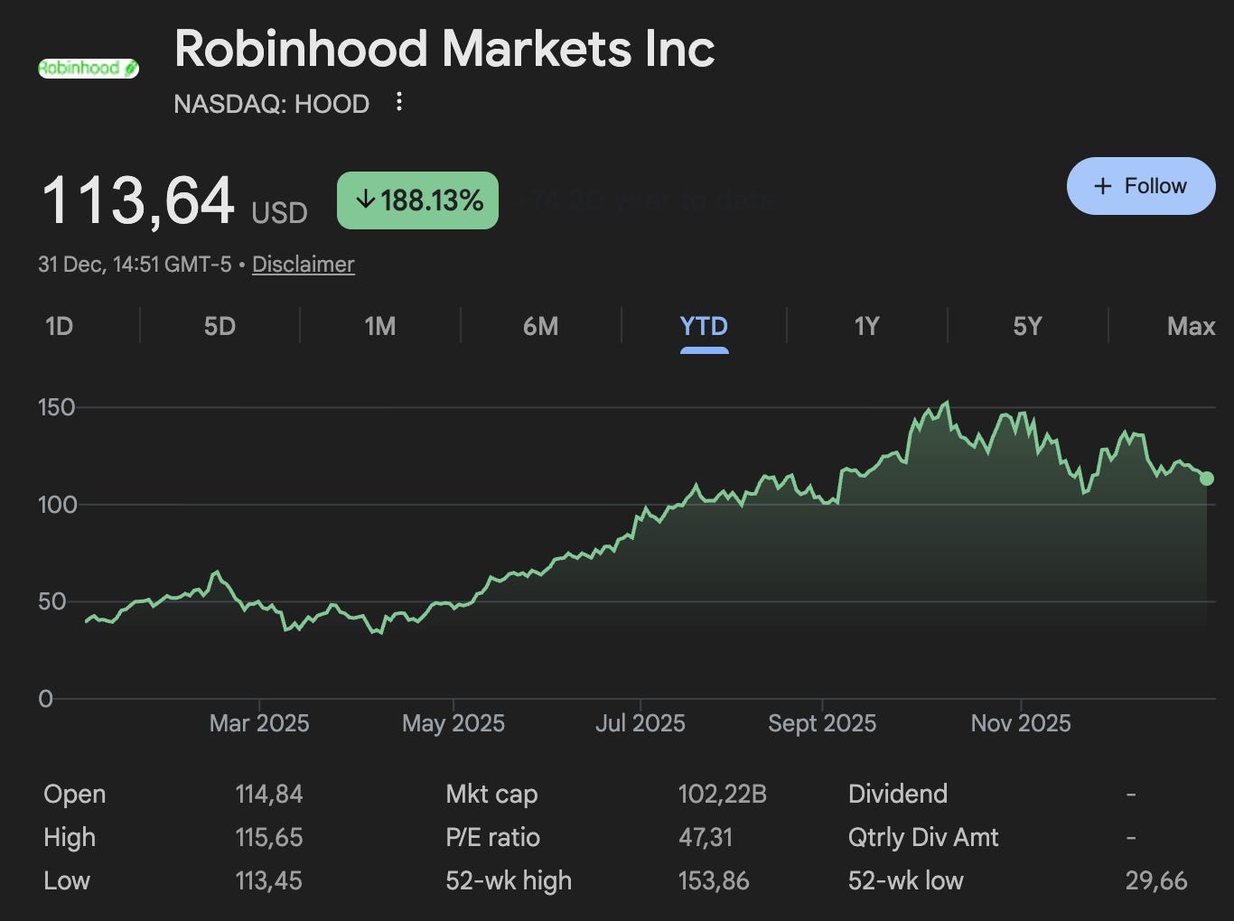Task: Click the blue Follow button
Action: pyautogui.click(x=1140, y=186)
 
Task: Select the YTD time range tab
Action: pyautogui.click(x=704, y=326)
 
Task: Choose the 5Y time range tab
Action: pyautogui.click(x=1027, y=326)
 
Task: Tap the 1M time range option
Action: pyautogui.click(x=379, y=326)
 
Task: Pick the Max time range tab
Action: pyautogui.click(x=1191, y=326)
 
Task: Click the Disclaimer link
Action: pyautogui.click(x=303, y=265)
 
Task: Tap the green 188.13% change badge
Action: pyautogui.click(x=417, y=200)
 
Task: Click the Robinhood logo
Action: pyautogui.click(x=89, y=68)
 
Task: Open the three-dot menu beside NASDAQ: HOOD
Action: pyautogui.click(x=399, y=102)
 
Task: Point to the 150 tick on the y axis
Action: pyautogui.click(x=56, y=407)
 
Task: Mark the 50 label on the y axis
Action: pyautogui.click(x=52, y=601)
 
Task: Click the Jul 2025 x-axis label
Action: pyautogui.click(x=640, y=723)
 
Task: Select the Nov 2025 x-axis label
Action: pyautogui.click(x=1020, y=723)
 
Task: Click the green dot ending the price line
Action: pyautogui.click(x=1206, y=479)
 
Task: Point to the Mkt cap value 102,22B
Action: pyautogui.click(x=722, y=795)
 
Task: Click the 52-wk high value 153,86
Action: pyautogui.click(x=713, y=881)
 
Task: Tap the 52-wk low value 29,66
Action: pyautogui.click(x=1155, y=881)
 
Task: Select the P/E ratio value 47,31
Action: pyautogui.click(x=705, y=838)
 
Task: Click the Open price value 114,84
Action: pyautogui.click(x=268, y=795)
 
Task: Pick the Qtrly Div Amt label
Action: pyautogui.click(x=922, y=838)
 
